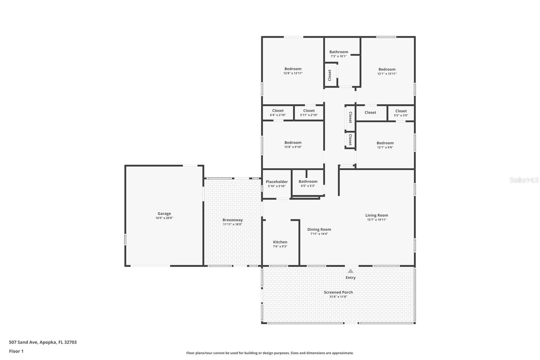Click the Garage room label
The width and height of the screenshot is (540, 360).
coord(164,213)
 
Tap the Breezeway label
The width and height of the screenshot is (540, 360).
coord(233,220)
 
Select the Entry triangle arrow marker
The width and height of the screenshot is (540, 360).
coord(351,271)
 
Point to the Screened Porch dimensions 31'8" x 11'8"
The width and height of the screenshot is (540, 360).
coord(338,297)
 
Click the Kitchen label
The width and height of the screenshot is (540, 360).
coord(280,242)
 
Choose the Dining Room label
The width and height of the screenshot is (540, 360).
coord(319,229)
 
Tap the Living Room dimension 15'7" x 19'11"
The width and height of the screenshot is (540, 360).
coord(377,220)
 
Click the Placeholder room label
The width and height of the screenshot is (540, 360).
coord(277,182)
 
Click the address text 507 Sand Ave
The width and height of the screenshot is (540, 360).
coord(23,342)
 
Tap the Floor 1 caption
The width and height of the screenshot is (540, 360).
coord(17,351)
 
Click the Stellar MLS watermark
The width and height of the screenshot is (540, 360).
coord(524,180)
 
